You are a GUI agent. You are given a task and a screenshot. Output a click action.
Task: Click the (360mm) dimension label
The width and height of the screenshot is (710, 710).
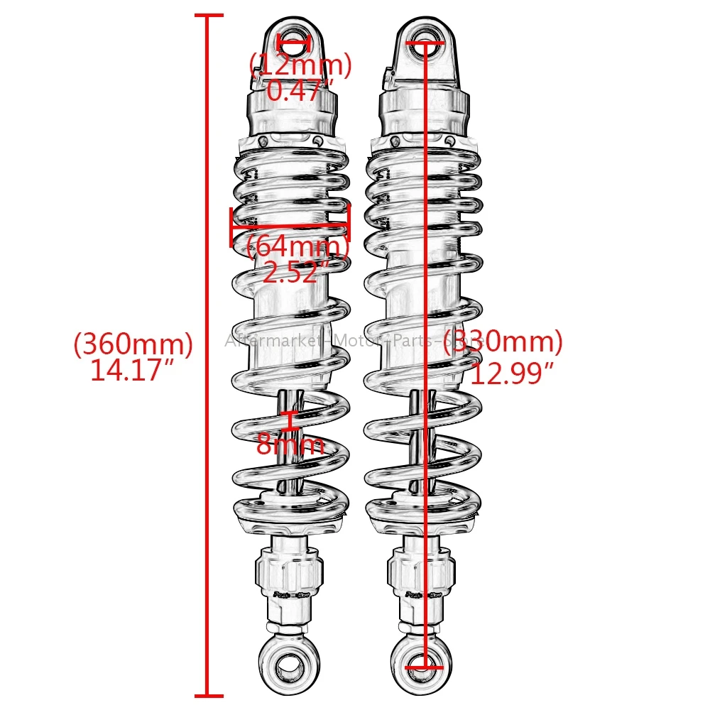[x=133, y=344]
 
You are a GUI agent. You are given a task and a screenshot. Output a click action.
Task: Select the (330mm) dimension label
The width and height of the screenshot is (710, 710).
[x=503, y=342]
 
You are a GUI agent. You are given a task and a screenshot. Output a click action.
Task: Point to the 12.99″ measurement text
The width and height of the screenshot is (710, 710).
[x=512, y=371]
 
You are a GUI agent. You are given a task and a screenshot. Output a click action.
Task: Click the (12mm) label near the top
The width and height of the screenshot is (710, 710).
[x=300, y=66]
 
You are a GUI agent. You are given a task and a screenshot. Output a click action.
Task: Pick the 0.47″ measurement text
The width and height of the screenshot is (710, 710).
[x=300, y=90]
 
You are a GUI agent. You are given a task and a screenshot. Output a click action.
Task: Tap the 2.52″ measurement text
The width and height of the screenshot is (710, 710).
[x=296, y=272]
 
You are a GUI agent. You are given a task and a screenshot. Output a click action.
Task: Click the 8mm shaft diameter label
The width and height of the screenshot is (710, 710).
[x=290, y=445]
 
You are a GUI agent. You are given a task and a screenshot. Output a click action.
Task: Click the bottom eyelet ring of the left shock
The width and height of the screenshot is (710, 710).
[x=290, y=665]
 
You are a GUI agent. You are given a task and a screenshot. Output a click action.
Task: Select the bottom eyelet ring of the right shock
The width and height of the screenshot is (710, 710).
[x=424, y=665]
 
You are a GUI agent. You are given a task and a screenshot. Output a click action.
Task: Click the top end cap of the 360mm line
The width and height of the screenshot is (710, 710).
[x=207, y=15]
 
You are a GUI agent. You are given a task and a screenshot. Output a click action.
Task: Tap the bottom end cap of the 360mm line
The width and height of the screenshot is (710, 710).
[x=207, y=696]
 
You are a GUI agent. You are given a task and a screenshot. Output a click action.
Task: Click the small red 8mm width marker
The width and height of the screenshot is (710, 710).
[x=290, y=420]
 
